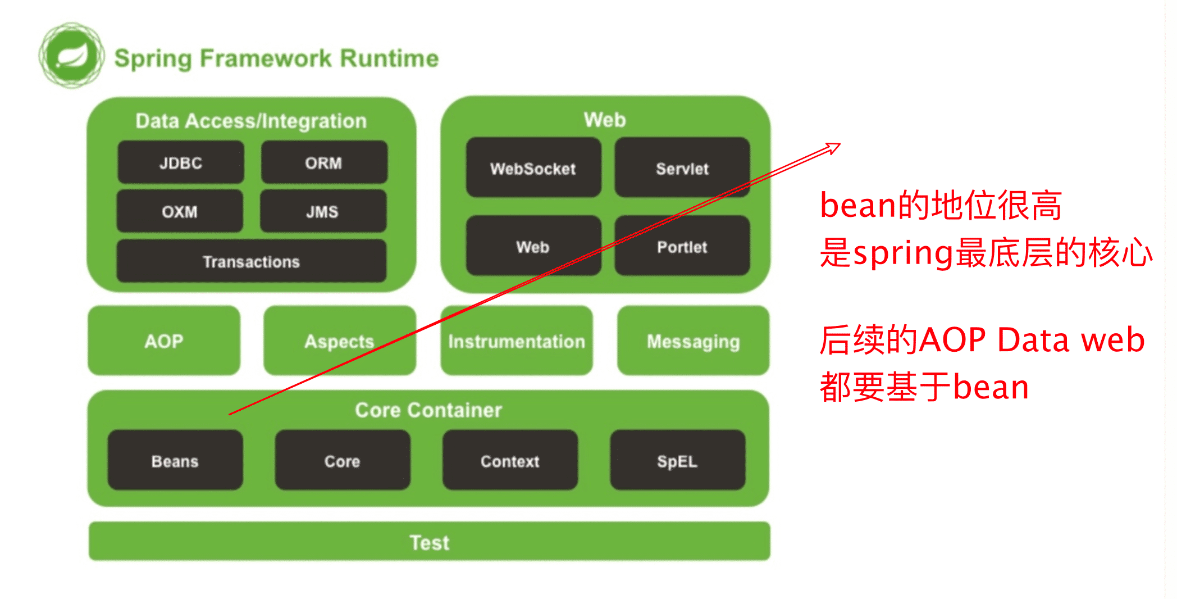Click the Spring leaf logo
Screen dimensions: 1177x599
71,56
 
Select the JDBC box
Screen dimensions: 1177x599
181,162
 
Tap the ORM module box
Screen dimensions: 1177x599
324,162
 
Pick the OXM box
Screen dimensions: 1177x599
180,211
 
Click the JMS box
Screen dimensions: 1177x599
323,211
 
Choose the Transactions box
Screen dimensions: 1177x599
252,261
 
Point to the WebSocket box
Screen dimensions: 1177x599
533,167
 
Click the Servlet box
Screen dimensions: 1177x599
682,167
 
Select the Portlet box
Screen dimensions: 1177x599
682,246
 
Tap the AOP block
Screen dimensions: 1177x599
164,341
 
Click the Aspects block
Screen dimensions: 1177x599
340,341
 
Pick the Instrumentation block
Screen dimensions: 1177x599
517,341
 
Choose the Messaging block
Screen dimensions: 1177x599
694,341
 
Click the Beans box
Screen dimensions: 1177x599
175,460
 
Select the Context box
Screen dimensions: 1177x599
510,460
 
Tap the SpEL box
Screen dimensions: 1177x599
678,460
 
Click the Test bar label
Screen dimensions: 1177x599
430,542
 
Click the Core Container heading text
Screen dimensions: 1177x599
428,410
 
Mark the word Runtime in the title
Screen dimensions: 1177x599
389,58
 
